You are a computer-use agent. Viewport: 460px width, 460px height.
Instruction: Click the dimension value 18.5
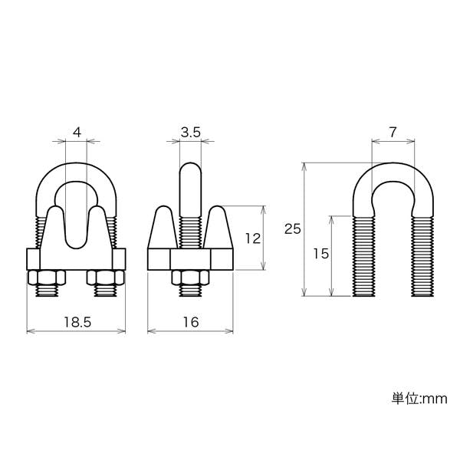click(x=77, y=322)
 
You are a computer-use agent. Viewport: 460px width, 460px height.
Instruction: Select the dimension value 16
click(x=191, y=322)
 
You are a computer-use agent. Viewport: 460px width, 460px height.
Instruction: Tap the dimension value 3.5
click(x=191, y=133)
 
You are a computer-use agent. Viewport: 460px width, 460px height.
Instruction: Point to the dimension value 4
click(x=77, y=133)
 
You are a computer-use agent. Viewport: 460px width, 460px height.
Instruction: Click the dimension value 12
click(x=252, y=238)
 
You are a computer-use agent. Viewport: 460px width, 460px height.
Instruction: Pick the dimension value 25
click(x=293, y=228)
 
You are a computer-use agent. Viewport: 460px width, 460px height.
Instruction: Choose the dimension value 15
click(x=320, y=254)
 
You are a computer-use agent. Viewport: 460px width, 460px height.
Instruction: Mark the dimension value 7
click(x=393, y=133)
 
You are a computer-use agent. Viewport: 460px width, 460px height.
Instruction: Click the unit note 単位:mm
click(x=419, y=399)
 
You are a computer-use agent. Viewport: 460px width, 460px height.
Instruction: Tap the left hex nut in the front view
click(x=47, y=278)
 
